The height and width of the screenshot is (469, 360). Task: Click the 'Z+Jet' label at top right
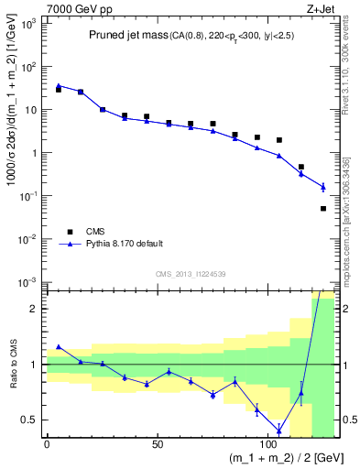pos(321,8)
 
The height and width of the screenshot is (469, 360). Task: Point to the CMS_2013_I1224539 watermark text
pos(191,274)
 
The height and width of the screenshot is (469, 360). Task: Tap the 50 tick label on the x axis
pos(158,443)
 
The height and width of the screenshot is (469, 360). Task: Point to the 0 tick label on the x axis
pos(48,443)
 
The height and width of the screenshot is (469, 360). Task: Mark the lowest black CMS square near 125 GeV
pos(323,209)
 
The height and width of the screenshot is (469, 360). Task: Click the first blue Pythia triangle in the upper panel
pos(59,85)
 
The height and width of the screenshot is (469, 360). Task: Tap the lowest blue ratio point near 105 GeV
pos(279,430)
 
